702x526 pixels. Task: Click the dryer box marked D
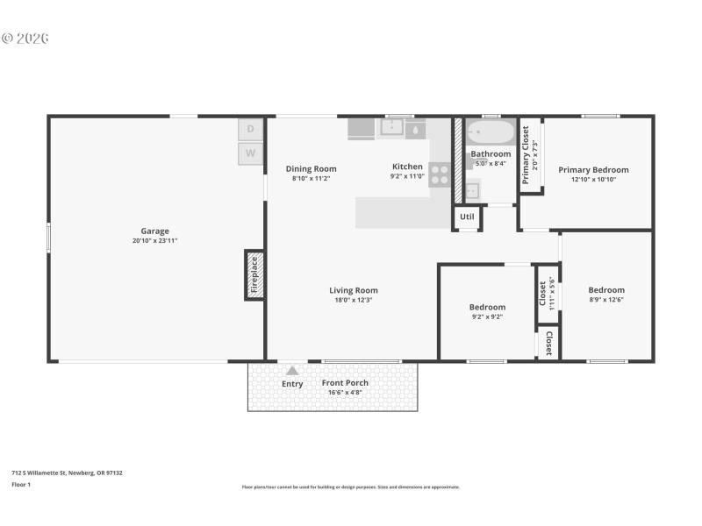pyautogui.click(x=250, y=129)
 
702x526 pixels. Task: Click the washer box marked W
pyautogui.click(x=250, y=153)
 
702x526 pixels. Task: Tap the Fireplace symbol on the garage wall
pyautogui.click(x=254, y=274)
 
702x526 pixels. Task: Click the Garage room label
pyautogui.click(x=154, y=231)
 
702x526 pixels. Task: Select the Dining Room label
pyautogui.click(x=311, y=168)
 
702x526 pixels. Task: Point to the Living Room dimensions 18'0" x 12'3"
pyautogui.click(x=354, y=300)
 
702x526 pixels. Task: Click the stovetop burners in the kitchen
pyautogui.click(x=440, y=174)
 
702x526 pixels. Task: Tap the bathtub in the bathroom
pyautogui.click(x=490, y=133)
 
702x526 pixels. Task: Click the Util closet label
pyautogui.click(x=467, y=217)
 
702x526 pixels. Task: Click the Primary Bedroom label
pyautogui.click(x=593, y=169)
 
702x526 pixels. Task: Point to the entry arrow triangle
pyautogui.click(x=292, y=371)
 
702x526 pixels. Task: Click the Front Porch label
pyautogui.click(x=345, y=382)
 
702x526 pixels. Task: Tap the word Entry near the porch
pyautogui.click(x=292, y=384)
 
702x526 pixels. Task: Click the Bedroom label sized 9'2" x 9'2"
pyautogui.click(x=487, y=307)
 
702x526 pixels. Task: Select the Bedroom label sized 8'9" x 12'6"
pyautogui.click(x=606, y=290)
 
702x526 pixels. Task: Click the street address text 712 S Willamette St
pyautogui.click(x=67, y=473)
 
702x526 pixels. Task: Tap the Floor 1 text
pyautogui.click(x=21, y=484)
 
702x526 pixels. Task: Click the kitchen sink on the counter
pyautogui.click(x=390, y=128)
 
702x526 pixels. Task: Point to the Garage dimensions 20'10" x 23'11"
pyautogui.click(x=154, y=240)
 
